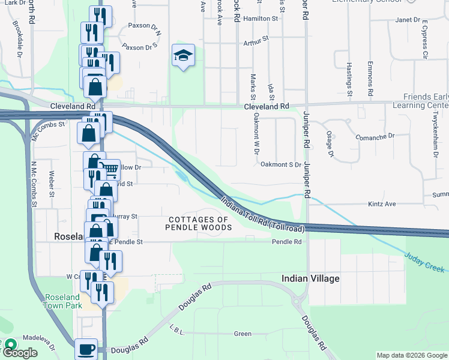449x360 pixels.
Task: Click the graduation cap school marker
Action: [x=184, y=56]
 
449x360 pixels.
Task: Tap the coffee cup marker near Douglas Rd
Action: [x=86, y=349]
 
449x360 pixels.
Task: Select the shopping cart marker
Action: [x=109, y=169]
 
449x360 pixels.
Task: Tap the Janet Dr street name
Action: [x=408, y=20]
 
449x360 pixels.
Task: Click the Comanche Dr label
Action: [x=391, y=137]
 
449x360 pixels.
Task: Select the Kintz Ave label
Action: [x=382, y=204]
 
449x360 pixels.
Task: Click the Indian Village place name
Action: [x=311, y=279]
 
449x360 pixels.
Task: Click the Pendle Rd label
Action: [x=286, y=242]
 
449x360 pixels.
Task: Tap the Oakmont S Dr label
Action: [x=280, y=164]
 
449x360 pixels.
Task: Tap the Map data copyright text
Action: [x=412, y=356]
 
